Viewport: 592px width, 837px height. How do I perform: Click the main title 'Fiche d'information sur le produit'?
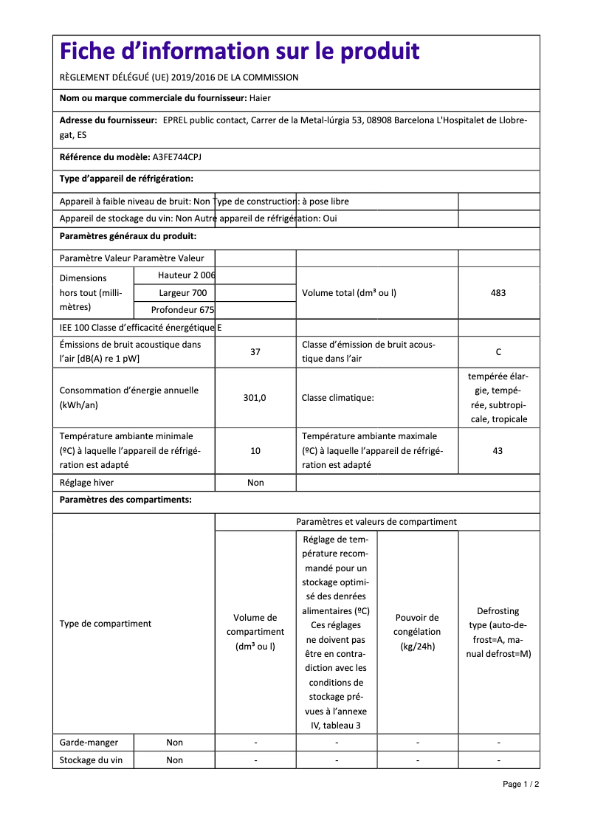click(239, 52)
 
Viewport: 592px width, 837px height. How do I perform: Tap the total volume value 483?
click(498, 293)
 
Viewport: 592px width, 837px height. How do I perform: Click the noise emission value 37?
click(255, 352)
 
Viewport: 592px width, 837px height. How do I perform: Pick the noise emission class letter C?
click(498, 352)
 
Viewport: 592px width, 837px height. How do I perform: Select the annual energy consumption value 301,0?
click(255, 398)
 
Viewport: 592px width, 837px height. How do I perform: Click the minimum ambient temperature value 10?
click(255, 451)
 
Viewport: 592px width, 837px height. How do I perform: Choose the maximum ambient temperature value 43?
click(498, 451)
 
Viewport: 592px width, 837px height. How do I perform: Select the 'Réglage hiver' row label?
click(86, 483)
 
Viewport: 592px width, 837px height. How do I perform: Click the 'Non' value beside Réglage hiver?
click(255, 483)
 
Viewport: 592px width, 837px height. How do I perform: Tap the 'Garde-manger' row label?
click(87, 743)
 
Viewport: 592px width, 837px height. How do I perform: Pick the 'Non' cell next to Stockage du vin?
click(174, 760)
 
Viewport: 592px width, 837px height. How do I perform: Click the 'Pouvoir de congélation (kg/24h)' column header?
click(417, 632)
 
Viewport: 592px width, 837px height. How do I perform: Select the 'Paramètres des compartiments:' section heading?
click(125, 500)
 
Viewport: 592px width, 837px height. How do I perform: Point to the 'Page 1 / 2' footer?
click(520, 784)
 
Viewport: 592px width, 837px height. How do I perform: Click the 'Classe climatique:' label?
click(338, 398)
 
